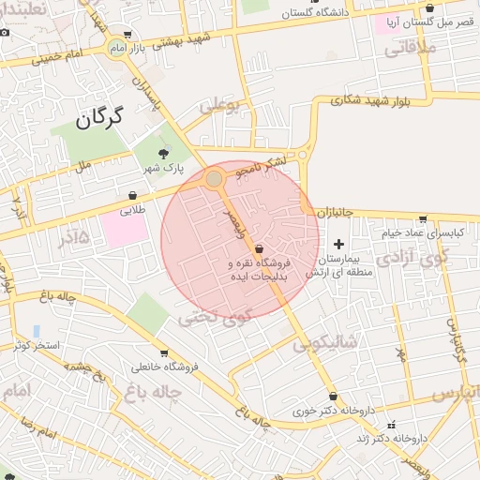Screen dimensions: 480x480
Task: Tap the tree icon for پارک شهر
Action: (164, 151)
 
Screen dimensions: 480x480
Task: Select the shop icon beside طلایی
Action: (133, 196)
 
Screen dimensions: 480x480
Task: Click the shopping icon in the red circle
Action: (259, 248)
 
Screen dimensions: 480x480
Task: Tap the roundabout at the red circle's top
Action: (215, 178)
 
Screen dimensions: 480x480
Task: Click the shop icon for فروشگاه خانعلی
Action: (164, 354)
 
